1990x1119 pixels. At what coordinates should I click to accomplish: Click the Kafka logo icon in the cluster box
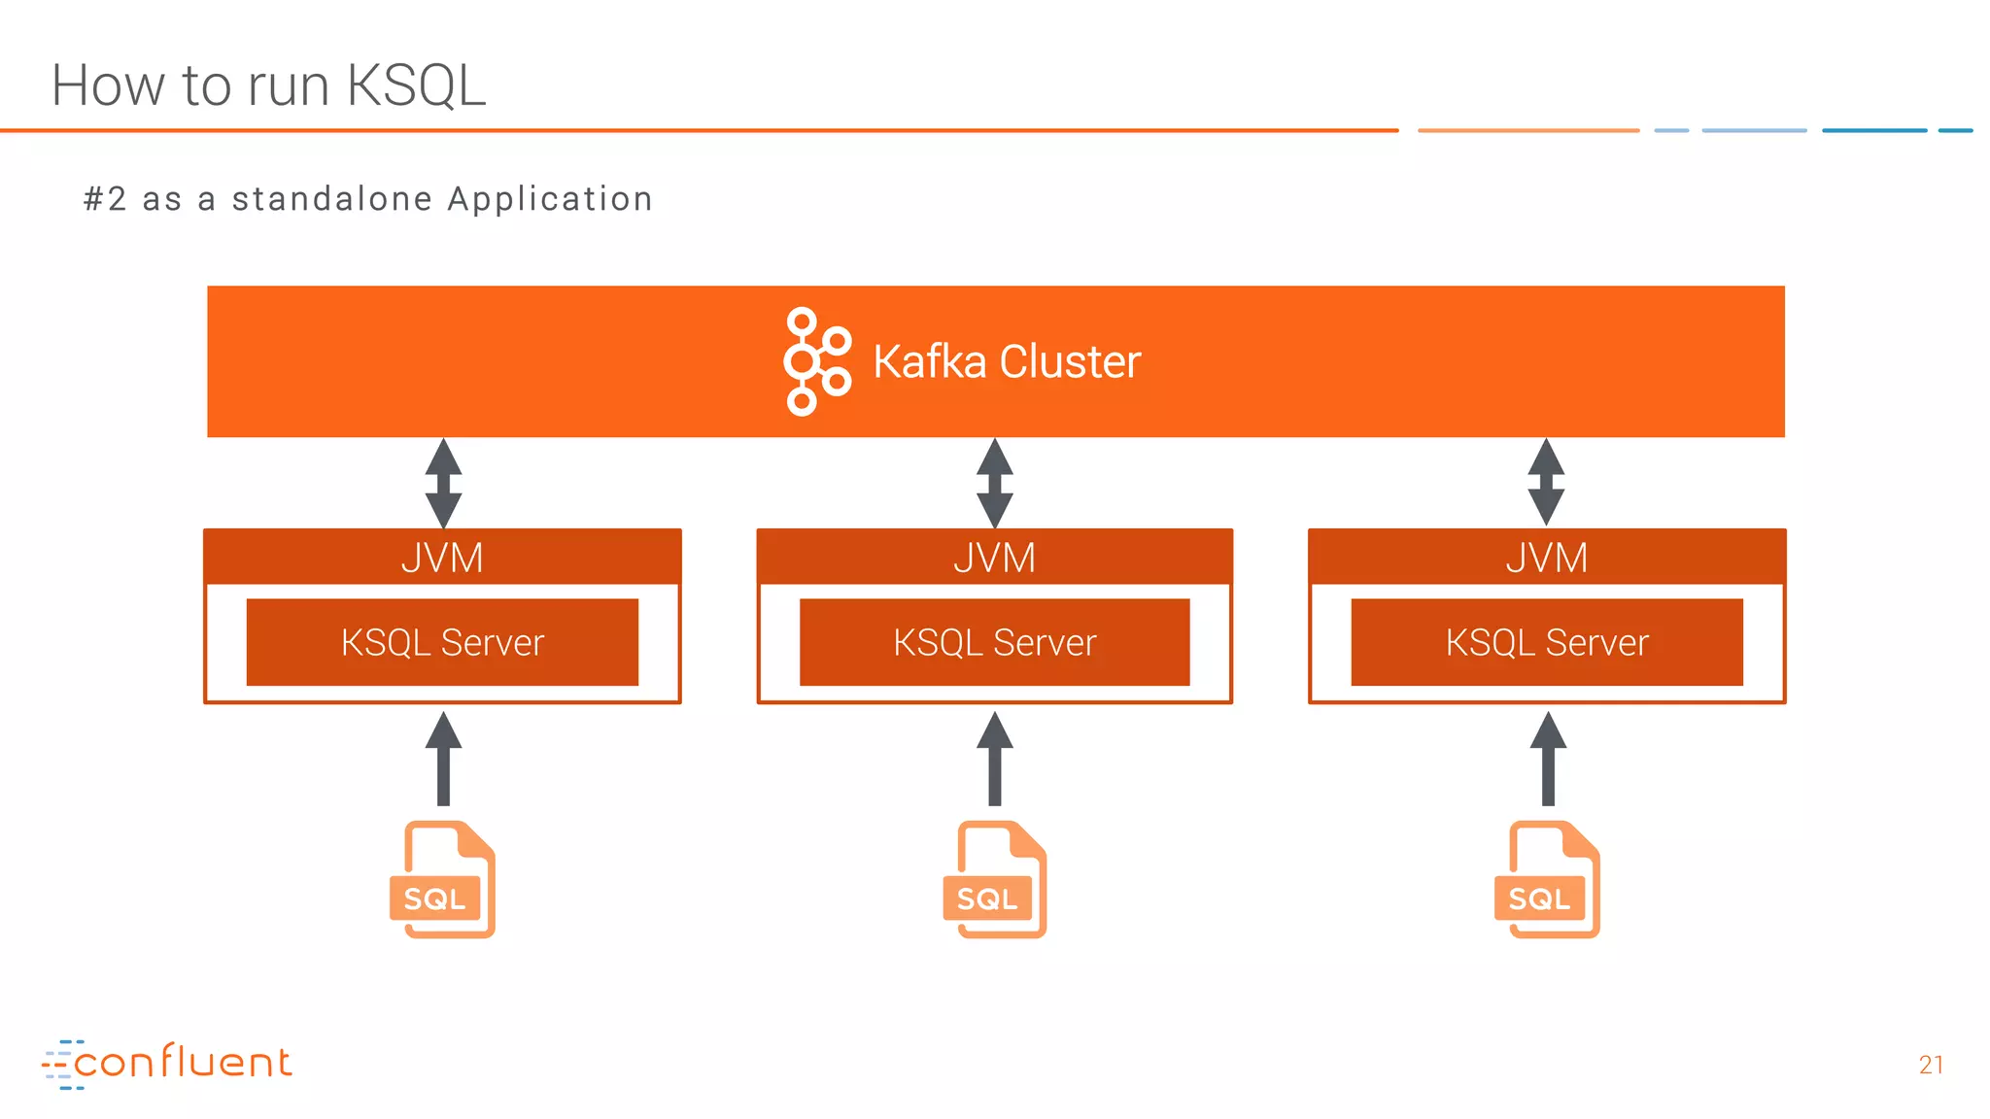tap(816, 361)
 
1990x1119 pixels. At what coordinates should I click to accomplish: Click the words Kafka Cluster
tap(1007, 361)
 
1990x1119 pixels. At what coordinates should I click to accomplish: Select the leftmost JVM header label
tap(442, 558)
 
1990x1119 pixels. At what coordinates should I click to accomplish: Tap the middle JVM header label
tap(994, 558)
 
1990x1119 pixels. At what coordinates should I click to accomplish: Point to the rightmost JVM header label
tap(1546, 558)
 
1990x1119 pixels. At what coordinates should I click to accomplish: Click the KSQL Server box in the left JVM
tap(442, 642)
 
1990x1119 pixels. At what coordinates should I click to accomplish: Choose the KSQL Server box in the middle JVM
tap(994, 642)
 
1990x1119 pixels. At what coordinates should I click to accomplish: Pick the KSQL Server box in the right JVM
tap(1547, 642)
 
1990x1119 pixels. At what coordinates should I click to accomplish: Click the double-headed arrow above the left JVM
tap(443, 483)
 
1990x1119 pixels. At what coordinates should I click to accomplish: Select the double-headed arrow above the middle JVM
tap(994, 483)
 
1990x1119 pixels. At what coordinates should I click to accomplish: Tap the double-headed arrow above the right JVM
tap(1546, 483)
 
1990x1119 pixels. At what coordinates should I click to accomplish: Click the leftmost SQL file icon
tap(443, 880)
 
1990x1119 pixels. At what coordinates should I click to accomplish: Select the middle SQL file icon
tap(995, 880)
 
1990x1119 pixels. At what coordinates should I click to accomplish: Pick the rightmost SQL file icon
tap(1547, 880)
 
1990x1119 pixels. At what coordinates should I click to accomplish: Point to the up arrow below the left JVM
tap(443, 760)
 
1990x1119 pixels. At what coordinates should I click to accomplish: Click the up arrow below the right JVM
tap(1548, 760)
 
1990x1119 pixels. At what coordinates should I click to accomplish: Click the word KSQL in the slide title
tap(416, 85)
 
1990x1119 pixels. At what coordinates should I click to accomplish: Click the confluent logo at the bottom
tap(167, 1063)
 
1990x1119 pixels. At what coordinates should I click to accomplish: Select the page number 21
tap(1931, 1065)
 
